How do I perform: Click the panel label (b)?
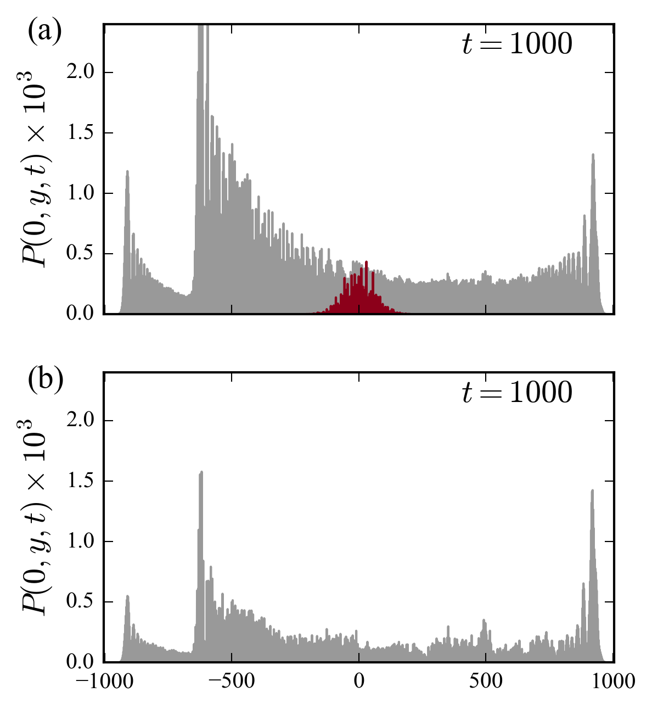(x=46, y=381)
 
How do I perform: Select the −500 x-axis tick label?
(x=231, y=682)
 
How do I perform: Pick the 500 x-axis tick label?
(x=486, y=682)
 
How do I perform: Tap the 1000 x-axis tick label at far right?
(x=614, y=682)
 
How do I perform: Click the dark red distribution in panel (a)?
(x=359, y=297)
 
